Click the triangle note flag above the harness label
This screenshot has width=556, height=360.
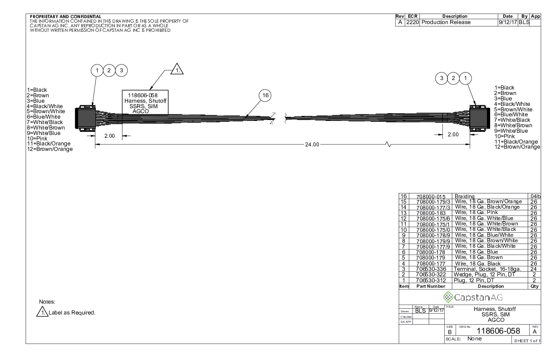click(x=177, y=69)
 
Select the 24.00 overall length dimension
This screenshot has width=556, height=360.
click(x=312, y=145)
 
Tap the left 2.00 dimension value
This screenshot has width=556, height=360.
click(x=109, y=135)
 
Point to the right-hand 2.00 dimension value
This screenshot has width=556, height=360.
click(x=453, y=135)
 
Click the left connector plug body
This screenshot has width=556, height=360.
click(x=85, y=118)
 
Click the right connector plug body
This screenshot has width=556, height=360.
click(x=480, y=118)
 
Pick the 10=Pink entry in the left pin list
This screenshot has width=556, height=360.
click(x=37, y=138)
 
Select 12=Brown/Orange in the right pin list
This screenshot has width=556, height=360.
click(x=517, y=147)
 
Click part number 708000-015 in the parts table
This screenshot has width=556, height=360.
click(x=431, y=196)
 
